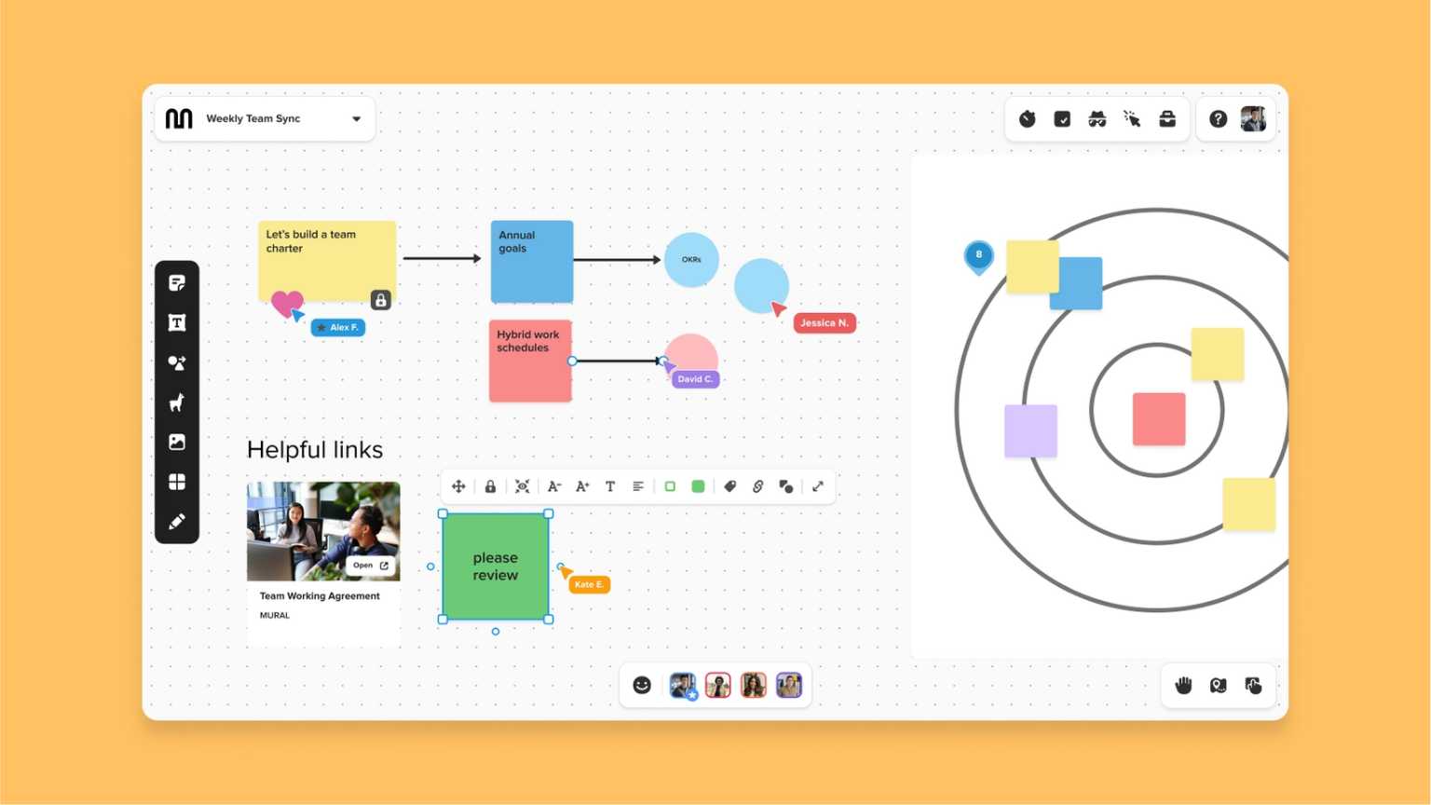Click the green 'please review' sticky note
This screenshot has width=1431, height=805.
click(x=495, y=566)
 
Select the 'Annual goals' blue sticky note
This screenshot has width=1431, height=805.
click(x=531, y=262)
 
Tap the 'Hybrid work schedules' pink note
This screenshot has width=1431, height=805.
click(x=530, y=362)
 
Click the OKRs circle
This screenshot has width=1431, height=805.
click(x=691, y=260)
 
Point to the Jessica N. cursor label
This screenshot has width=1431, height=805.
click(x=824, y=323)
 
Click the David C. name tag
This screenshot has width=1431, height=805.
click(x=695, y=379)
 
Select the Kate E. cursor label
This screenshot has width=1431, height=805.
click(x=589, y=584)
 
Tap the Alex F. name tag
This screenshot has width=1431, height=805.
click(x=338, y=328)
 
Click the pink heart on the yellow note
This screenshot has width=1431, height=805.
click(x=287, y=302)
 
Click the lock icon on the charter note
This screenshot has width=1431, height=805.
click(x=380, y=300)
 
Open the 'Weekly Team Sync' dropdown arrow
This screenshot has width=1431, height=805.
click(x=356, y=119)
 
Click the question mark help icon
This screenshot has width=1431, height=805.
click(x=1218, y=119)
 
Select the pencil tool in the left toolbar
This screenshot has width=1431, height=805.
click(x=177, y=522)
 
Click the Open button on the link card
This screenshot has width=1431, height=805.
click(x=371, y=566)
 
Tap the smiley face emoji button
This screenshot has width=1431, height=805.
click(x=642, y=686)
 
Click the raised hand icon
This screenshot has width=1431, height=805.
click(x=1183, y=686)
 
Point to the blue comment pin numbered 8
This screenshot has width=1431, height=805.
click(x=978, y=255)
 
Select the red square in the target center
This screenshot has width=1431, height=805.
click(x=1159, y=419)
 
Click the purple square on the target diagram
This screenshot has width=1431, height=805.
click(x=1030, y=430)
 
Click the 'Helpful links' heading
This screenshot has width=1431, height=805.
click(x=315, y=450)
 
